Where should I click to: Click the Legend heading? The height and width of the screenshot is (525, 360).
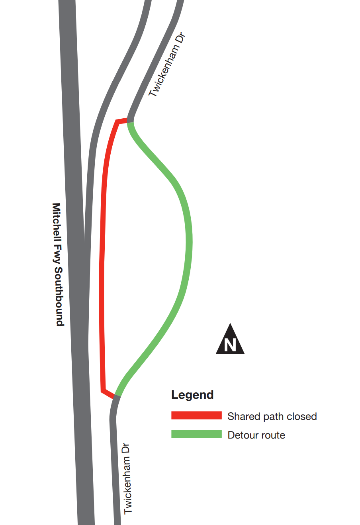tap(192, 395)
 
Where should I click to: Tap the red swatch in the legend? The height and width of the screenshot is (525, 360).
tap(196, 415)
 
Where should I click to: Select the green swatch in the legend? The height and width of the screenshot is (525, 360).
tap(196, 434)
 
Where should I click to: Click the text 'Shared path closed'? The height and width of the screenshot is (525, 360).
tap(272, 417)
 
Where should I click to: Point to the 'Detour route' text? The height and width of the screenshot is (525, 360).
tap(256, 435)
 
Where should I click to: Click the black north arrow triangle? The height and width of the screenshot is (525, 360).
tap(230, 339)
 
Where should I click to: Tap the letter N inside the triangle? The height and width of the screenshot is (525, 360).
tap(230, 345)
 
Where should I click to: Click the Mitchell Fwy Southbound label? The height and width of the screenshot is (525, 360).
tap(57, 264)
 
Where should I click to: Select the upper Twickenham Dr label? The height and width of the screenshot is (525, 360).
tap(167, 65)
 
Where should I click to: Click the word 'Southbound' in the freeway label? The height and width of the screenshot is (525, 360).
tap(59, 297)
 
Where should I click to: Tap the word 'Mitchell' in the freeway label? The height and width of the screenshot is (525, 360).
tap(57, 222)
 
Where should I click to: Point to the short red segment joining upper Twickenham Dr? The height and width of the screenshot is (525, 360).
tap(121, 121)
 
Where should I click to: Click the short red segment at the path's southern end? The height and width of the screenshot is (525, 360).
tap(108, 394)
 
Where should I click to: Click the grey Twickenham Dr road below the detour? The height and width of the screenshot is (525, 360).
tap(114, 459)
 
